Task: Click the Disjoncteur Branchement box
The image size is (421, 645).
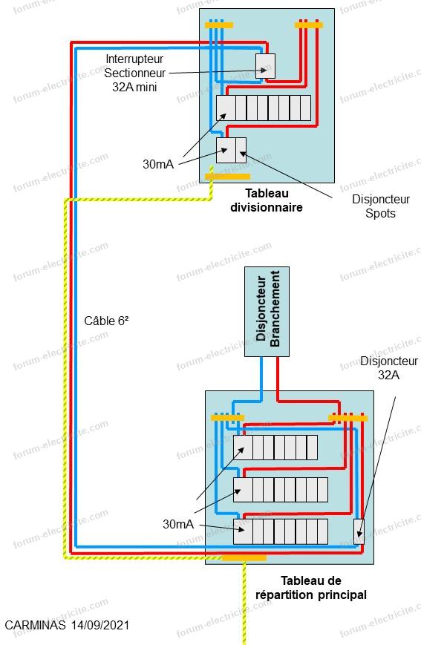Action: [x=267, y=312]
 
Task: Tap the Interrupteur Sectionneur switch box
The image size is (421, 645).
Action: [x=265, y=66]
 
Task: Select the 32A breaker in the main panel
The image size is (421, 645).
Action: [x=359, y=531]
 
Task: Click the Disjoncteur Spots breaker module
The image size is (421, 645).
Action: [x=241, y=150]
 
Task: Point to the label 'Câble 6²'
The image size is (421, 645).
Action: [x=106, y=321]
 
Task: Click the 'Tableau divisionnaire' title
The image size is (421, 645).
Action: [x=267, y=200]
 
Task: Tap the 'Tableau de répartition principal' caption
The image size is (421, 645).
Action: [x=310, y=588]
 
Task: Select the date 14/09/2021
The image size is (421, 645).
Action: [x=100, y=625]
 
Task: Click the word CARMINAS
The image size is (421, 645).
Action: [x=35, y=625]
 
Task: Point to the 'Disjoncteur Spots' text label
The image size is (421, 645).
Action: [x=381, y=206]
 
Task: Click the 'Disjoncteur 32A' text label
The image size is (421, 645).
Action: [x=389, y=367]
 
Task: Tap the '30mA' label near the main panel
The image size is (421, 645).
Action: [x=177, y=524]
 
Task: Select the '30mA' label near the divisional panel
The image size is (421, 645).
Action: [x=158, y=164]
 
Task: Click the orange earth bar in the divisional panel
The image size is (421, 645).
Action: [x=228, y=177]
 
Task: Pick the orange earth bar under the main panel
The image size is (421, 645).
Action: [x=244, y=558]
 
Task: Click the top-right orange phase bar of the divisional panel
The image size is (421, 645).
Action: [x=309, y=25]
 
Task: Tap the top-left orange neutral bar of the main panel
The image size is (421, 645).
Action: [x=227, y=418]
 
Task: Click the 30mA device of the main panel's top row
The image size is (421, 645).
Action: [x=243, y=448]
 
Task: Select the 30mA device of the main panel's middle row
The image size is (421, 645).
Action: [x=243, y=490]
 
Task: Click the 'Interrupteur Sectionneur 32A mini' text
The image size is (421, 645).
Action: [x=134, y=73]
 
